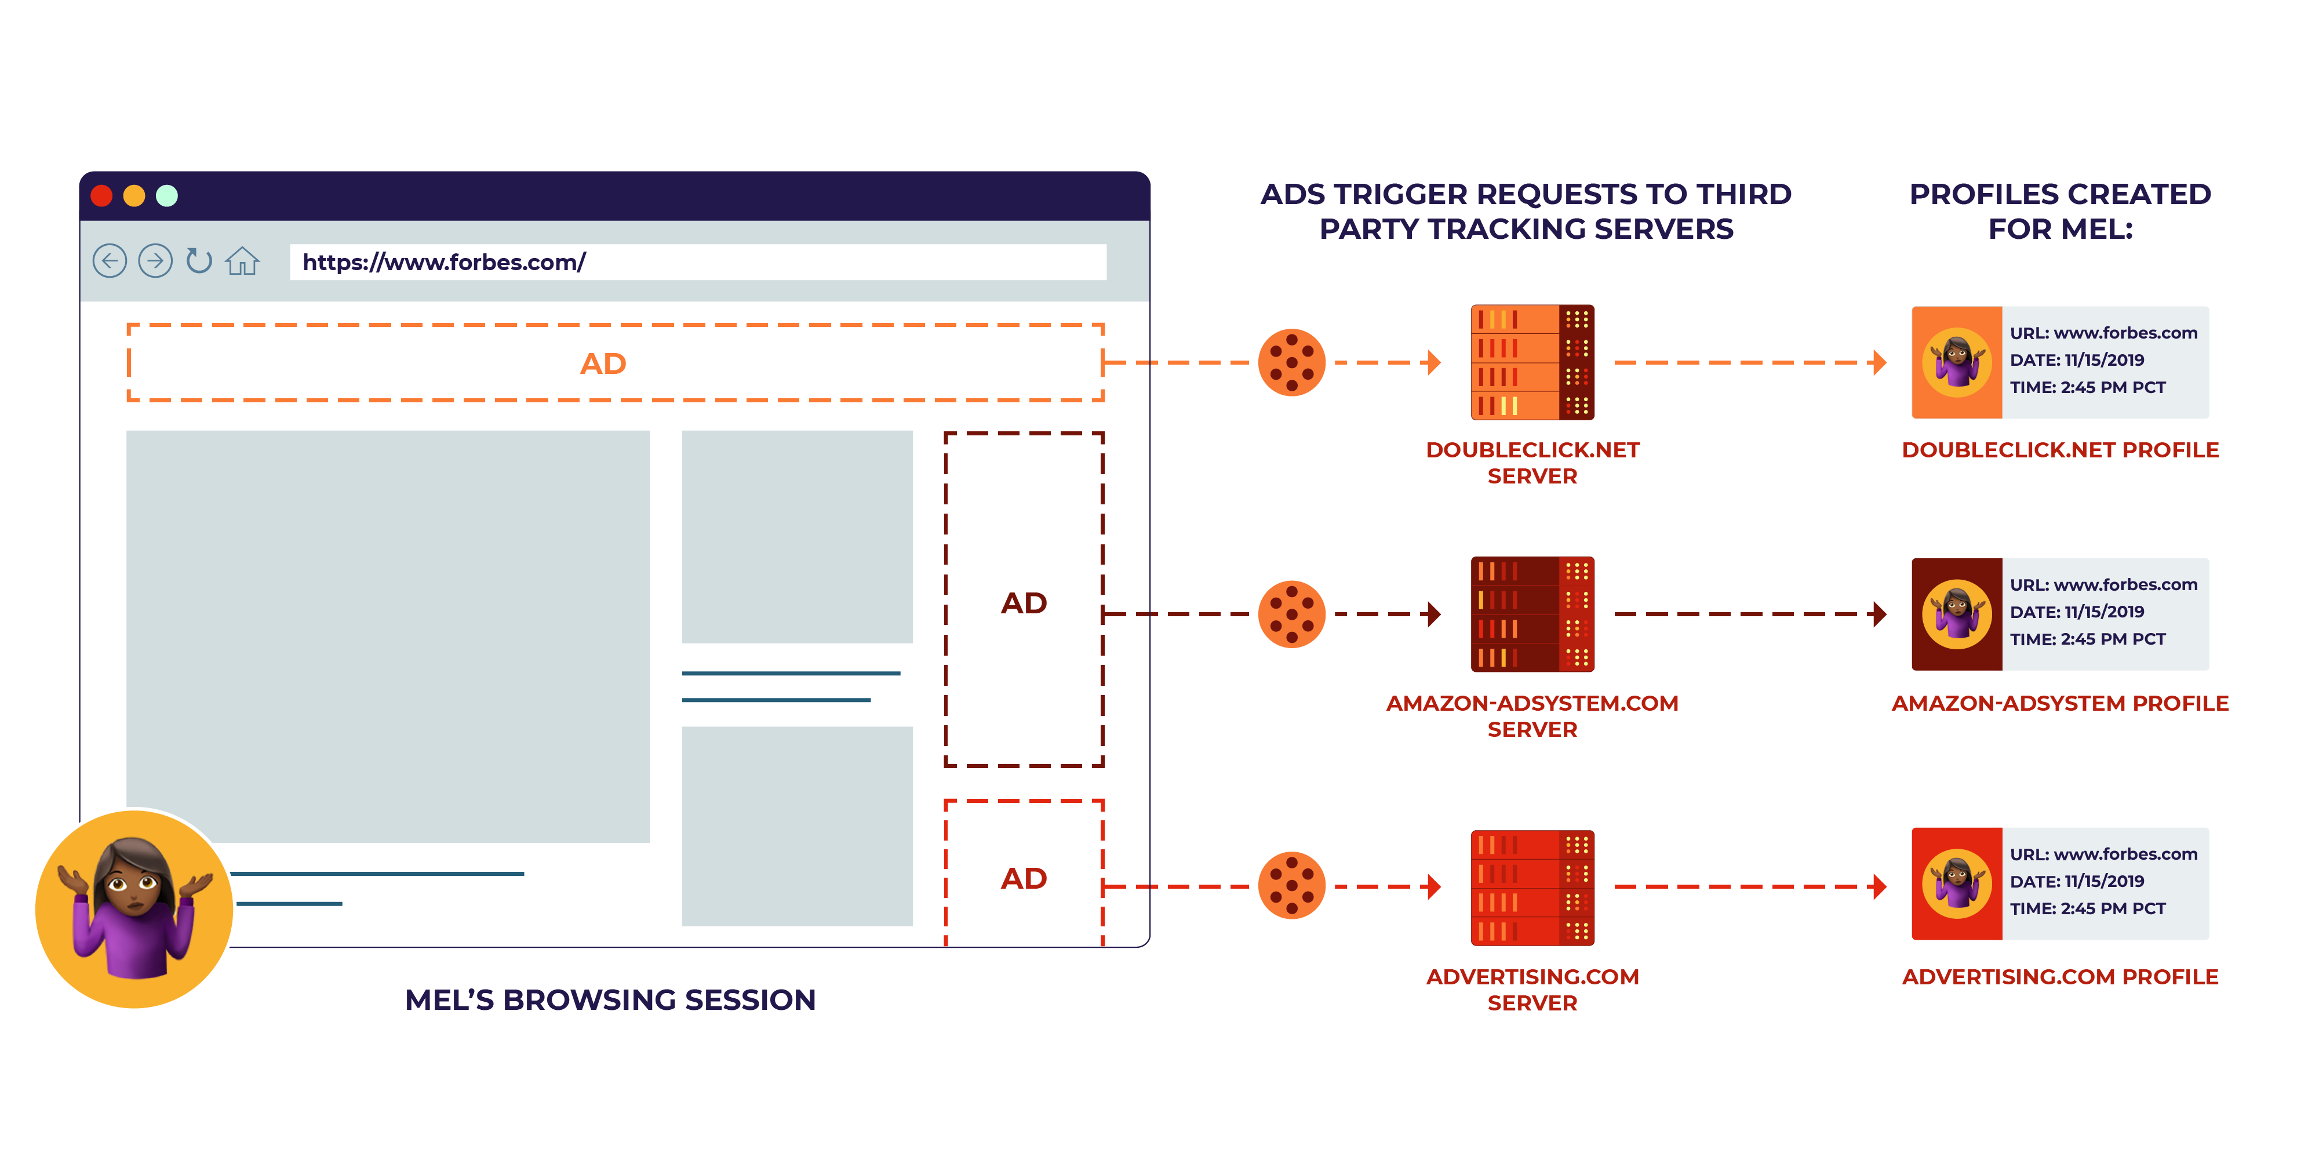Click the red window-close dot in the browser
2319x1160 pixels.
(102, 195)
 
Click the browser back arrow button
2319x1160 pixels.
(110, 261)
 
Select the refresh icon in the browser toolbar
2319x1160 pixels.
(198, 261)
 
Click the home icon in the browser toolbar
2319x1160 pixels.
(242, 261)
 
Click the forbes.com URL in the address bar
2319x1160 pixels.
(444, 262)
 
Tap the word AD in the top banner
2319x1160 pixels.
(602, 364)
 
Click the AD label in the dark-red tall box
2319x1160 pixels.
(1024, 602)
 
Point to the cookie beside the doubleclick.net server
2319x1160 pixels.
(1291, 362)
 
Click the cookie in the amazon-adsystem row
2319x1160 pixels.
(1291, 614)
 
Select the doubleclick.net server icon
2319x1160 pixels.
(1532, 362)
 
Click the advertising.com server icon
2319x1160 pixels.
(1532, 887)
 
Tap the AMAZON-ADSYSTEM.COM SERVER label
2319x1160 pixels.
(1532, 716)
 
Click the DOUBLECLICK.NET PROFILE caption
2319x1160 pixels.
(2060, 450)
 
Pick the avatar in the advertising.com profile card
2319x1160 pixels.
(1956, 883)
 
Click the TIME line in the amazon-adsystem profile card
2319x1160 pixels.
(2088, 638)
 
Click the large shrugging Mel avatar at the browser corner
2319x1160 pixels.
(134, 908)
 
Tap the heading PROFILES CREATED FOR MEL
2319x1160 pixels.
(2060, 211)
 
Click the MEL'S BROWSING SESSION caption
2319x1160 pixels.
(610, 999)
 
